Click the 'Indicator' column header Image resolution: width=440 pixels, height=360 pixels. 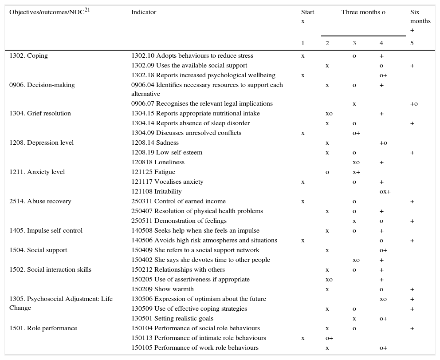click(x=144, y=12)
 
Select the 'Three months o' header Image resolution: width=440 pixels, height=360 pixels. click(x=363, y=12)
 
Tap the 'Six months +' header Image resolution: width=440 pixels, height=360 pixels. click(x=420, y=21)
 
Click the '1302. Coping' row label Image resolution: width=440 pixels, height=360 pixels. click(x=28, y=56)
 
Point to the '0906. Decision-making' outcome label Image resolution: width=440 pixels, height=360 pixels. click(x=42, y=85)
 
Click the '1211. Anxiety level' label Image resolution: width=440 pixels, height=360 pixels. click(x=37, y=172)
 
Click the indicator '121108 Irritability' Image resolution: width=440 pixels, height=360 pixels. click(x=157, y=192)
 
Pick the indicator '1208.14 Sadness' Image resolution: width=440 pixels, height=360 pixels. click(x=155, y=143)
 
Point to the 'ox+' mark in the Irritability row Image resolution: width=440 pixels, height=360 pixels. click(x=385, y=192)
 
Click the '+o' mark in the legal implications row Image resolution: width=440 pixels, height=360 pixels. click(x=414, y=104)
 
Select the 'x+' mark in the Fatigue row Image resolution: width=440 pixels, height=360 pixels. click(x=356, y=172)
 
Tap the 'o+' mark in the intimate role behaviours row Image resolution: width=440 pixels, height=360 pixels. click(x=329, y=338)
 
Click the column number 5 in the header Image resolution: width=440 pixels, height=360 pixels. click(x=412, y=44)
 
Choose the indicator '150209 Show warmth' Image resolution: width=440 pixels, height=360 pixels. click(x=162, y=289)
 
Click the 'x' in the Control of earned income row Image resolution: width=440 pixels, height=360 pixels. click(x=303, y=202)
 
